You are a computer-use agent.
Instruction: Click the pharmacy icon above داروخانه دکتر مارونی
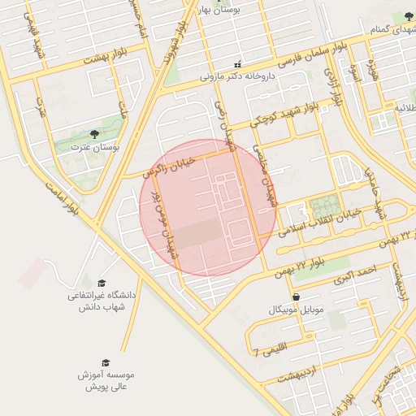click(x=237, y=64)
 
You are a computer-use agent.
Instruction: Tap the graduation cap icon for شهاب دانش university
click(x=102, y=282)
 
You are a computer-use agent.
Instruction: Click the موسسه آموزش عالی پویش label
click(x=106, y=382)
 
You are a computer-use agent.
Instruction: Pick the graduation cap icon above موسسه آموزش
click(x=105, y=362)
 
